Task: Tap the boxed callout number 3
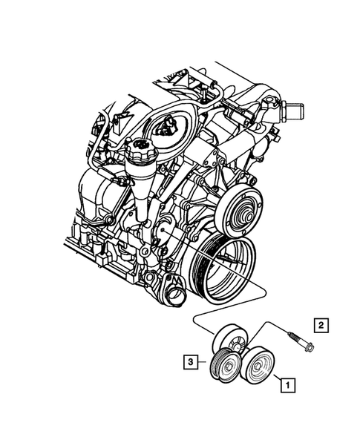point(192,362)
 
